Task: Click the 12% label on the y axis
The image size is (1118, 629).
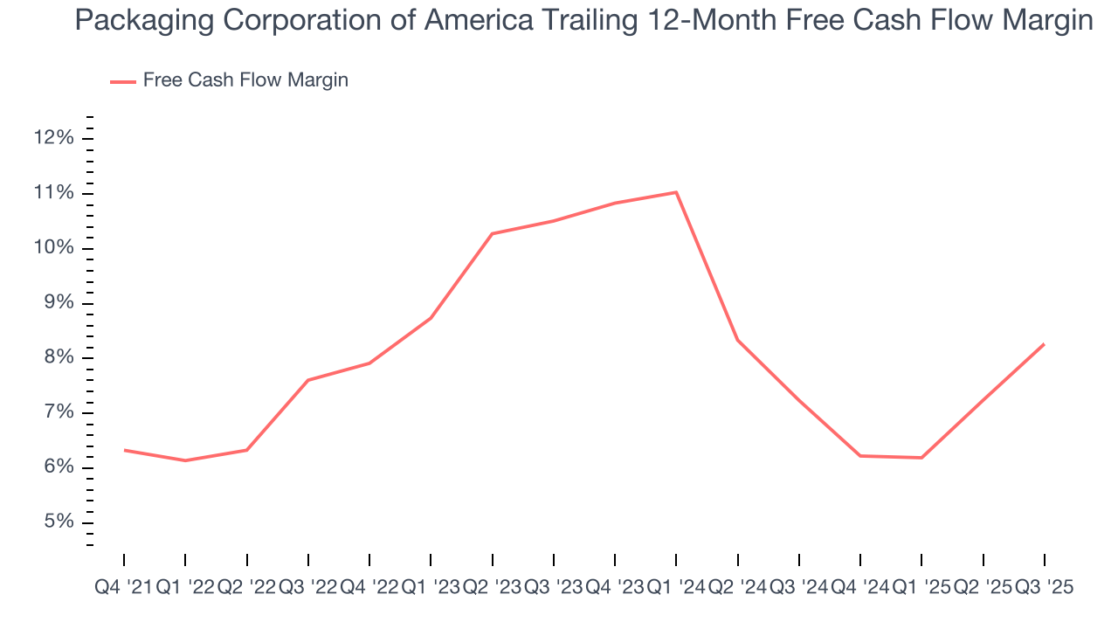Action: coord(54,138)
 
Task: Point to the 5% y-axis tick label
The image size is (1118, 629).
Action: coord(59,522)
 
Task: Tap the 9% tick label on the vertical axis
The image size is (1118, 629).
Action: coord(59,303)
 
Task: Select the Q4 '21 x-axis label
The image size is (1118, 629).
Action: coord(123,588)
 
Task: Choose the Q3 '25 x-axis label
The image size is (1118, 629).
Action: coord(1044,588)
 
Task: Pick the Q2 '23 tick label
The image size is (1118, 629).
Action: coord(492,588)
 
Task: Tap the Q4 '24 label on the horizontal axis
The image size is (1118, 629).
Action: coord(860,588)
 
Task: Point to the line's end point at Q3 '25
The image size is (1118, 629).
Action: coord(1045,344)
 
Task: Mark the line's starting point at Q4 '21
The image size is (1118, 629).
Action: coord(124,450)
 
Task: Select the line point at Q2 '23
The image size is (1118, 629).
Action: coord(493,233)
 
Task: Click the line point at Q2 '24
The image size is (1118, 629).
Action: coord(738,340)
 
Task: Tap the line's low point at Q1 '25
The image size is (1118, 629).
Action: coord(922,458)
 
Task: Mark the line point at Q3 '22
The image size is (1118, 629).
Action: coord(308,380)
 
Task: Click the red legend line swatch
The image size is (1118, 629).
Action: coord(122,81)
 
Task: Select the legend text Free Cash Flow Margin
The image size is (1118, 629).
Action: coord(245,80)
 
